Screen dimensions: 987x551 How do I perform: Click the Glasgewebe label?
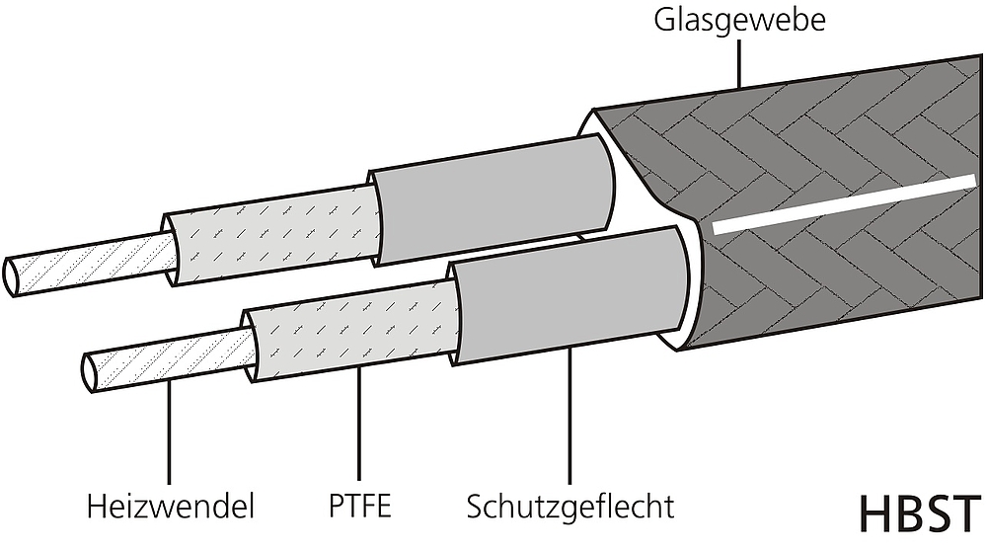click(x=739, y=21)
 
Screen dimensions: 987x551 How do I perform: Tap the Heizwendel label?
click(x=171, y=507)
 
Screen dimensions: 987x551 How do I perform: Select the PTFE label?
click(x=359, y=506)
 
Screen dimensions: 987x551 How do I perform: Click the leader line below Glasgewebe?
click(x=739, y=63)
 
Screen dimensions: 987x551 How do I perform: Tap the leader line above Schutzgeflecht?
click(x=569, y=415)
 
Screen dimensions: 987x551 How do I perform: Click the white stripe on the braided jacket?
click(x=844, y=204)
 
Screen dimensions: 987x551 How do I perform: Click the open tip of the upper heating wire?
click(x=11, y=276)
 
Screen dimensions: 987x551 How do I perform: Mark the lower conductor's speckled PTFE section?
click(x=353, y=331)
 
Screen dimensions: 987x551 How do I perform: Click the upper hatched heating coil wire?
click(x=91, y=265)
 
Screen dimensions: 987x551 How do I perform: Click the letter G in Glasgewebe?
click(x=664, y=19)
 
